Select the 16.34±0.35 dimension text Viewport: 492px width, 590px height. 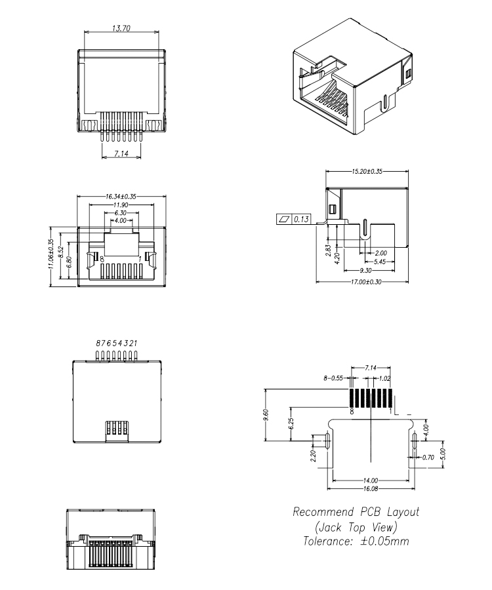[121, 196]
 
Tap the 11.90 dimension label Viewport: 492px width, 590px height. [121, 205]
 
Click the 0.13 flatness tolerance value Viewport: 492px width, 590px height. [302, 219]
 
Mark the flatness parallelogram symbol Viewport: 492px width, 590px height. [283, 219]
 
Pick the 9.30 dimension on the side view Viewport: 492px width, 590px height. [368, 271]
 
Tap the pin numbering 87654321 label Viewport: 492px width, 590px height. [117, 343]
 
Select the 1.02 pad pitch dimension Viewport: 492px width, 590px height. [386, 378]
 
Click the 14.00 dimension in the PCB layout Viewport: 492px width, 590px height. [371, 480]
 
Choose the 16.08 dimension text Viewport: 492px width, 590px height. [371, 489]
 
